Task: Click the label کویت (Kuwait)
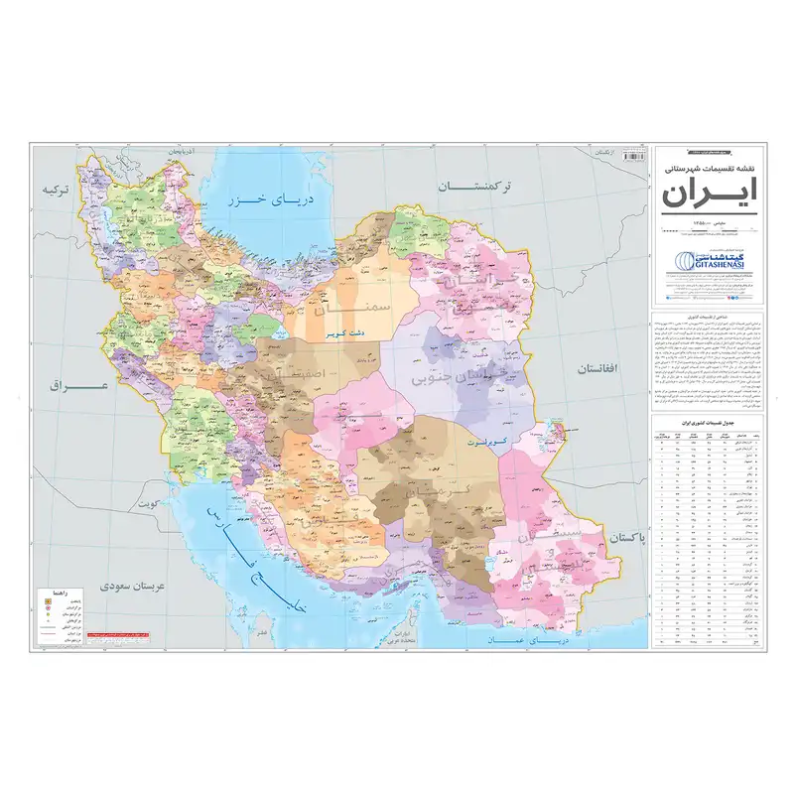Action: point(149,505)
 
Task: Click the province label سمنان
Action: point(337,311)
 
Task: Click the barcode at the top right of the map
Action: point(631,156)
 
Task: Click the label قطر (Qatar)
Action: point(260,631)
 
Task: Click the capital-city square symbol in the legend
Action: point(45,600)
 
